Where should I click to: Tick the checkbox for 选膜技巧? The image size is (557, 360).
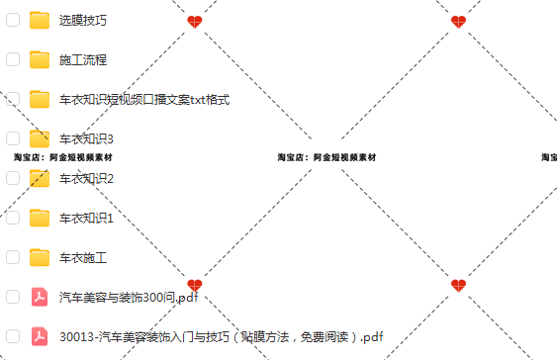13,20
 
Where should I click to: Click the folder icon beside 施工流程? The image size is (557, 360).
40,59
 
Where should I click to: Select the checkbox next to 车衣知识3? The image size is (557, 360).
13,138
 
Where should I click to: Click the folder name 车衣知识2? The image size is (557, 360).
87,178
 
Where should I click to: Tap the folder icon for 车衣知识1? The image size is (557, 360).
40,218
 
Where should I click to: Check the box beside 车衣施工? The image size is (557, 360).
13,257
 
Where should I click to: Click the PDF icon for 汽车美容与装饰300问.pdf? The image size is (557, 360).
40,297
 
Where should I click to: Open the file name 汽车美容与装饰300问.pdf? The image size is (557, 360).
129,297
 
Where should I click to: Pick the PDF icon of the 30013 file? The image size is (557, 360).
40,336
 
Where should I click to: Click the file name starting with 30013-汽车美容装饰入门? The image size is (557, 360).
221,336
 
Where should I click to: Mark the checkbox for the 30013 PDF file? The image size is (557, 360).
13,336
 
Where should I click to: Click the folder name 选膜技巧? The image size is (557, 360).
83,20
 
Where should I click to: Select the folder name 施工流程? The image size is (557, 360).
83,59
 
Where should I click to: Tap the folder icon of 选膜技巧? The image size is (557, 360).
40,20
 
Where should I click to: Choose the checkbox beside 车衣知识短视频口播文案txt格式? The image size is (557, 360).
13,99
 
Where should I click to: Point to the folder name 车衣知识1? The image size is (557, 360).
87,218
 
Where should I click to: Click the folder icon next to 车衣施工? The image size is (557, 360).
40,257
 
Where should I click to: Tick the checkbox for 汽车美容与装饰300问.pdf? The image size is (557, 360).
13,297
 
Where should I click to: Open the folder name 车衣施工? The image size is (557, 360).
83,257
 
